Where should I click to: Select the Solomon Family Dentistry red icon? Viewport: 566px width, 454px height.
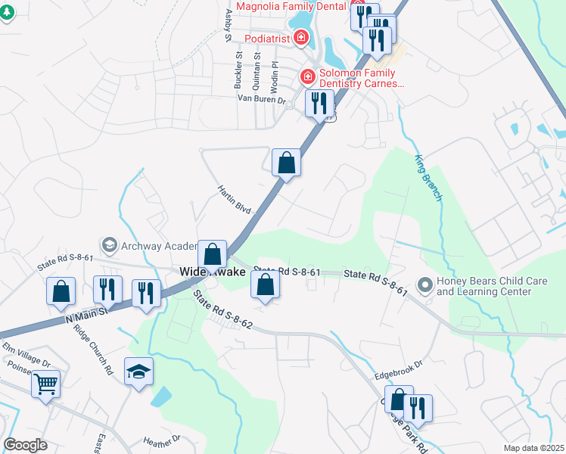click(x=308, y=76)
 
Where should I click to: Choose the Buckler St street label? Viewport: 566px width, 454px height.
click(x=238, y=66)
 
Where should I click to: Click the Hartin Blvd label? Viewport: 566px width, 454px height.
click(x=233, y=198)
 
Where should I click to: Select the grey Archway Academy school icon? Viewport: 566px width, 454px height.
click(x=110, y=244)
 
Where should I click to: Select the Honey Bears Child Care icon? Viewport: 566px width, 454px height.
click(x=424, y=286)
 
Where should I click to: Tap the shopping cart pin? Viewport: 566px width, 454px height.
click(x=45, y=384)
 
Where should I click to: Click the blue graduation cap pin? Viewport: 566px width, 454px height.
click(x=139, y=371)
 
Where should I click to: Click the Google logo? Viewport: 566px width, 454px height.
click(x=26, y=445)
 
